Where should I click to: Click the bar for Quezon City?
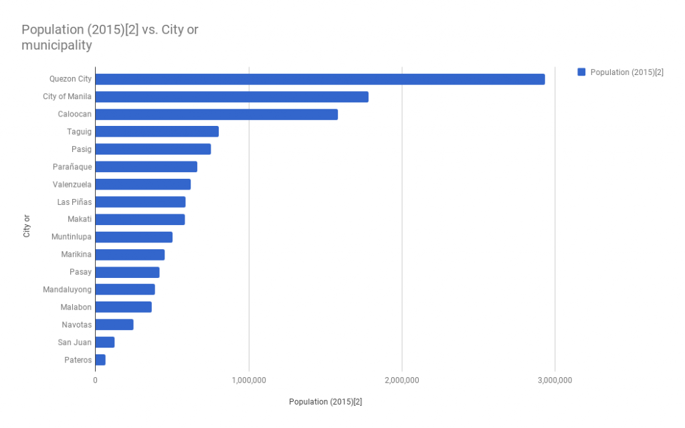pos(320,79)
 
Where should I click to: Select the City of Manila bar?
pos(231,96)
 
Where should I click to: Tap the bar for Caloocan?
pos(216,115)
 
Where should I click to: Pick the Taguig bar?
pos(157,132)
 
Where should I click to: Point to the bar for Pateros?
pos(100,360)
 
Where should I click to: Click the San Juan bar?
pos(105,342)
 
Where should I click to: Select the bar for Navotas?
pos(114,325)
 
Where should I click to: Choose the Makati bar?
pos(140,220)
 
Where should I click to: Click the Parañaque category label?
pos(72,167)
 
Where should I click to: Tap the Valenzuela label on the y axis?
pos(72,184)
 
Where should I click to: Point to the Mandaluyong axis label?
pos(67,289)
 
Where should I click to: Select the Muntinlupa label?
pos(72,237)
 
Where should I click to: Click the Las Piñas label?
pos(74,202)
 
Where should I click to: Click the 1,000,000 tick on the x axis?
pos(249,380)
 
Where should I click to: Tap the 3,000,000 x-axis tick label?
pos(555,380)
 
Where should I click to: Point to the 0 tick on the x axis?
pos(95,380)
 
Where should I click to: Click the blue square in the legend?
pos(581,72)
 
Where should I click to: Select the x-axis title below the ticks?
pos(325,402)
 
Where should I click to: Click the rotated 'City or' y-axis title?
pos(27,226)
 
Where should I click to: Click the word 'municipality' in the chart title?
pos(56,46)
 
